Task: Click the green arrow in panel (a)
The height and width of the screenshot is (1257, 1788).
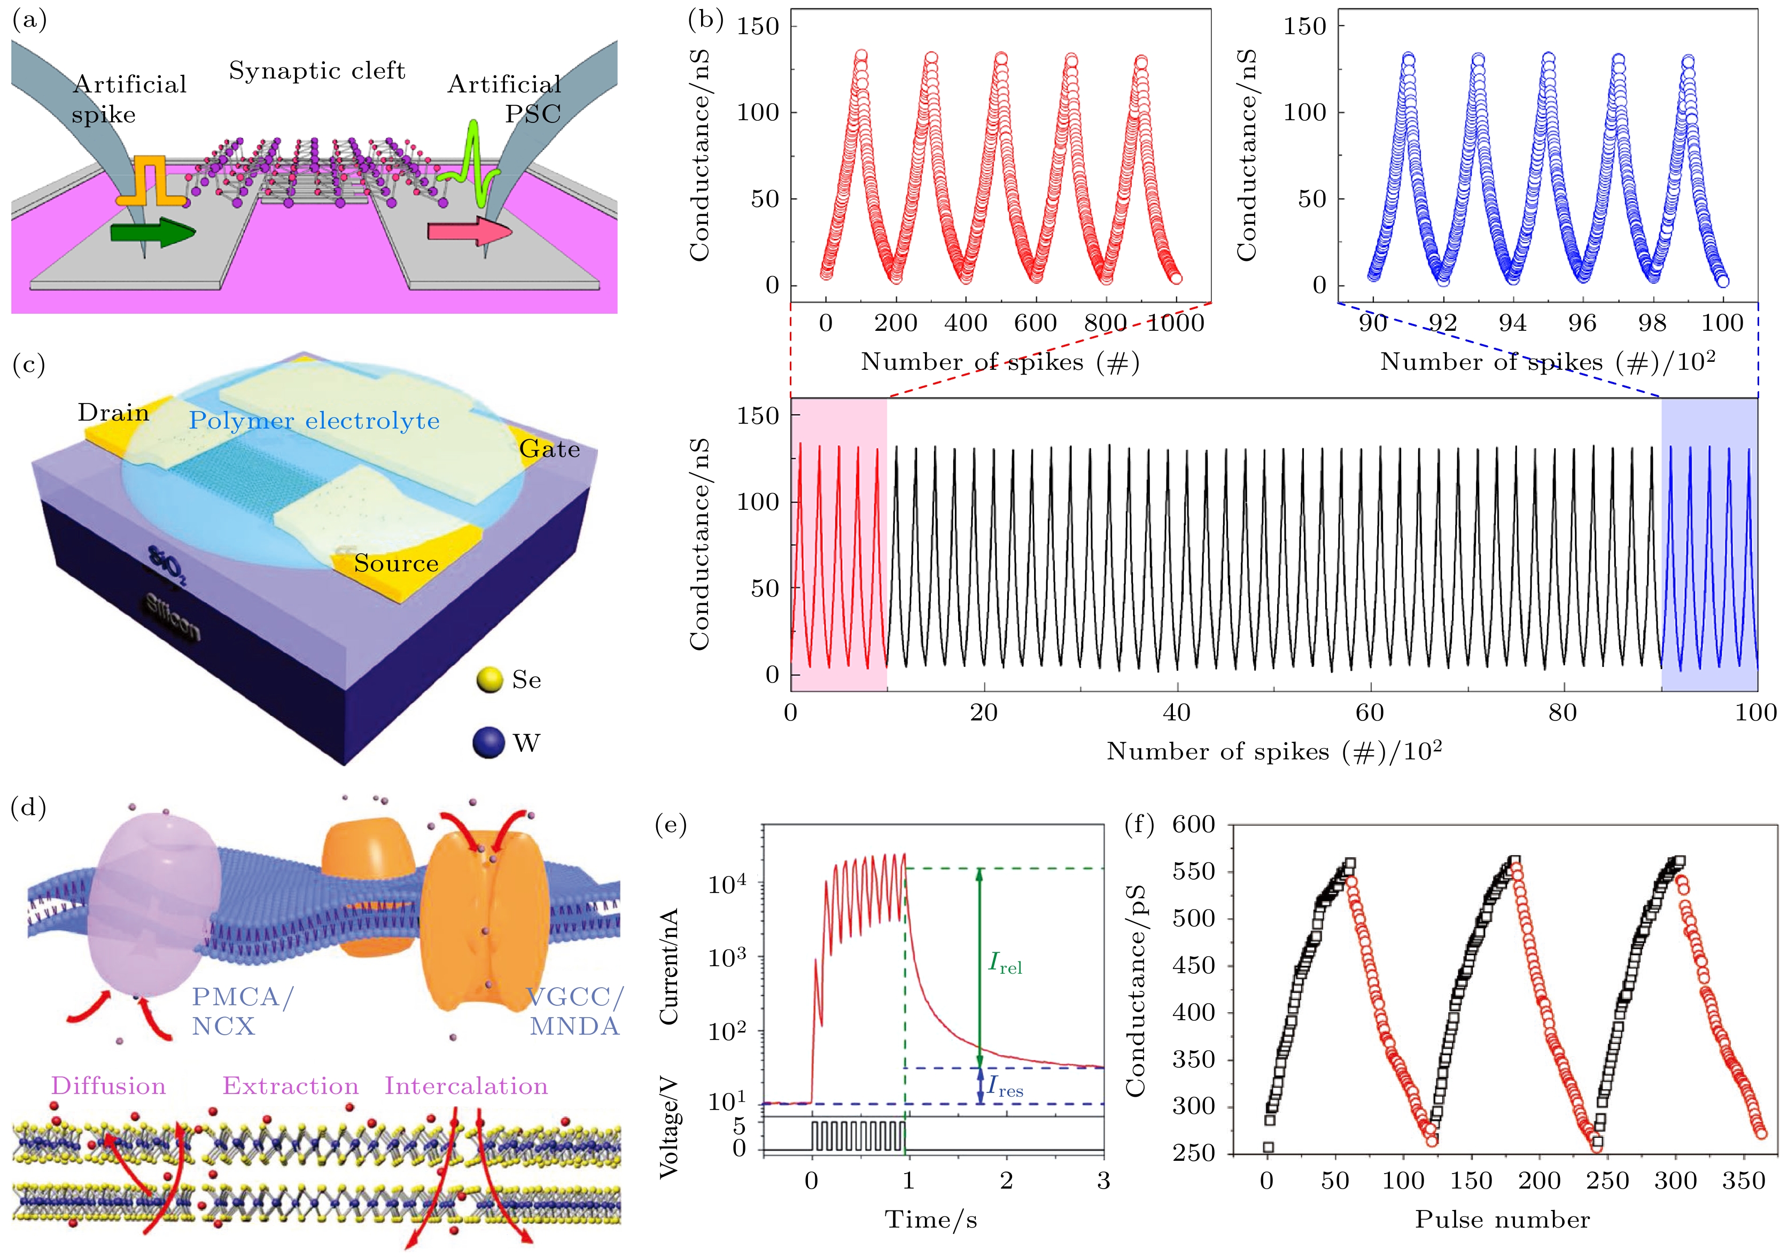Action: (152, 232)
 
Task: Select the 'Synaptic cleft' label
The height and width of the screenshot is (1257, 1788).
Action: (316, 71)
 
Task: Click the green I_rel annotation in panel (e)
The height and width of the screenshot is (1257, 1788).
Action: (1005, 964)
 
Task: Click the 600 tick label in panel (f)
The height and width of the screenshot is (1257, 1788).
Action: (1193, 824)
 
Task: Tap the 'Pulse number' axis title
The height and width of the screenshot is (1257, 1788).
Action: (1502, 1220)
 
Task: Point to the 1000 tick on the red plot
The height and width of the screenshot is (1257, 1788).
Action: (1175, 322)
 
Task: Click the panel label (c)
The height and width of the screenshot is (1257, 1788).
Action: (29, 364)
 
